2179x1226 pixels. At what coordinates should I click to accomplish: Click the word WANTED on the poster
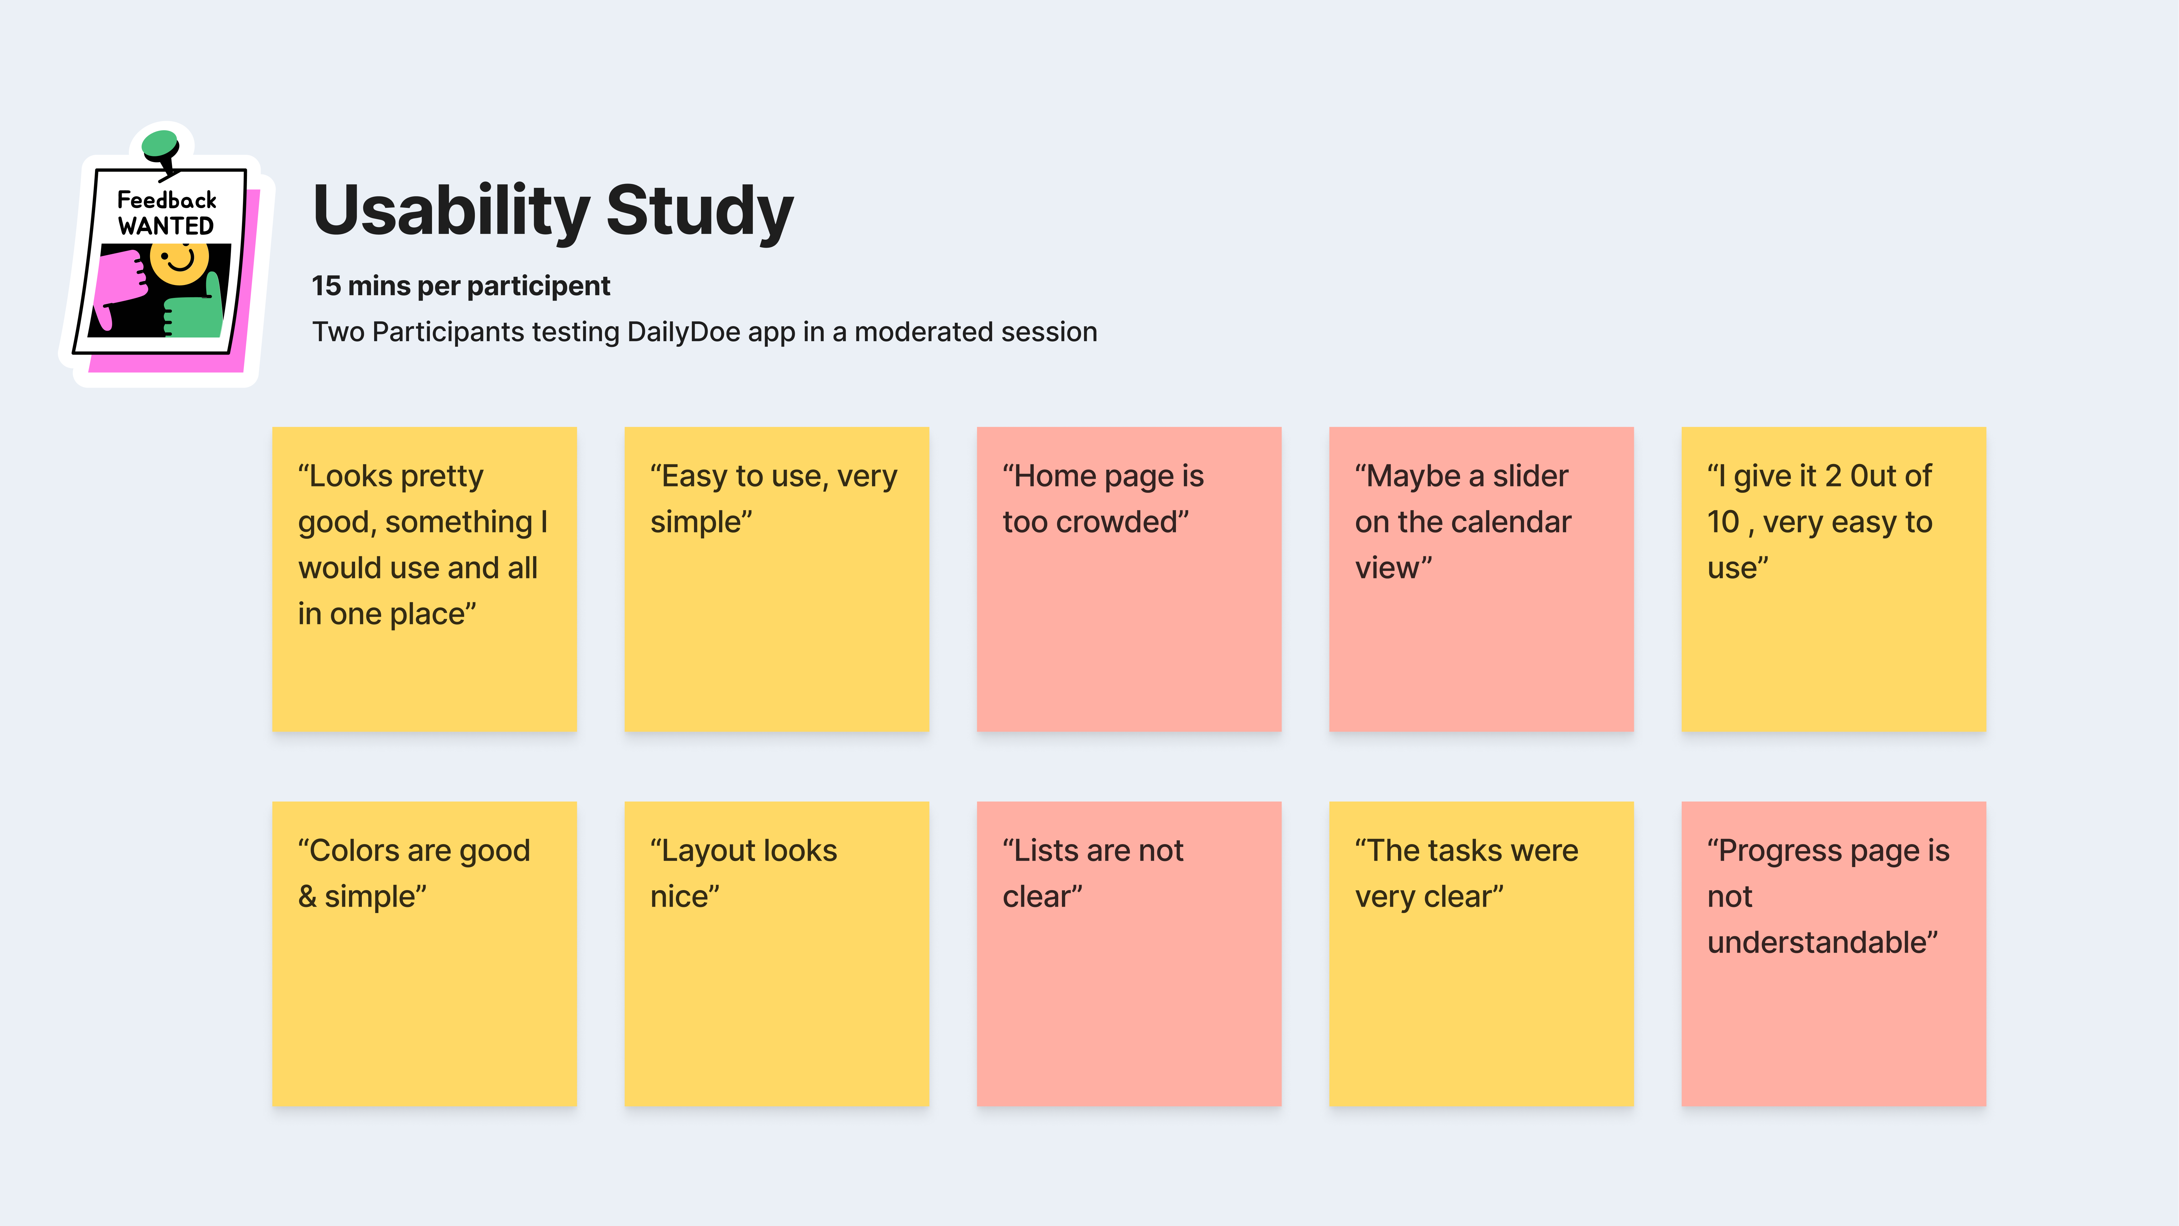[166, 226]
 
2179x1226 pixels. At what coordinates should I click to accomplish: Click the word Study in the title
[699, 211]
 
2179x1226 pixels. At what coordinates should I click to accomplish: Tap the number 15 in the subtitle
[327, 286]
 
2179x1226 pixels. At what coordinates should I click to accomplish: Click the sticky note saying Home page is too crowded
[1128, 579]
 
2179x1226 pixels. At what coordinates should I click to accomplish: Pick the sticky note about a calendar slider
[1481, 579]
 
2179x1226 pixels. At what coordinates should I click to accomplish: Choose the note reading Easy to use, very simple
[776, 579]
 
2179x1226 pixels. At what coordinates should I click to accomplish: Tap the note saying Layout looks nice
[776, 954]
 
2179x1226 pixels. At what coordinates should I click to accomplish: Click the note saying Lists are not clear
[1128, 954]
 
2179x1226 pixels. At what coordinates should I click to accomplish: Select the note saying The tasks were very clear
[1481, 954]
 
